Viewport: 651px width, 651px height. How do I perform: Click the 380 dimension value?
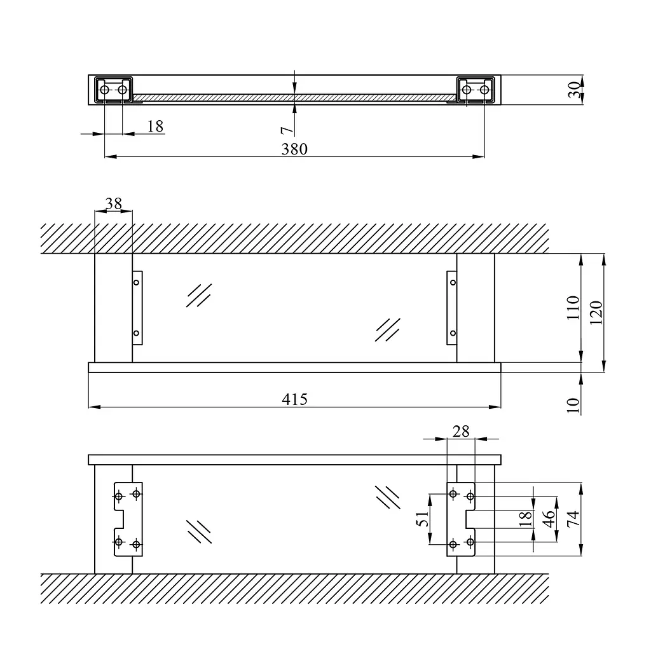click(294, 149)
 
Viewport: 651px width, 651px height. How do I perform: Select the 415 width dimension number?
click(294, 399)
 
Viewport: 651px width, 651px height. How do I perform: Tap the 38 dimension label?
click(113, 203)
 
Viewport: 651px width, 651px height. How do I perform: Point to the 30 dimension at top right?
click(574, 90)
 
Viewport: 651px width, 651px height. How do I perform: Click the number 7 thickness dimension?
click(287, 131)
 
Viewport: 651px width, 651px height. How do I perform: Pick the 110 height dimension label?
click(573, 308)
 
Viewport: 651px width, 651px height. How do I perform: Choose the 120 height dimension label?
click(596, 313)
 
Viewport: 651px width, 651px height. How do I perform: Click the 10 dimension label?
click(573, 405)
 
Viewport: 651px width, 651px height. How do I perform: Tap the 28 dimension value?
click(461, 432)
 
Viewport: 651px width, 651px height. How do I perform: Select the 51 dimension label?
click(423, 519)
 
